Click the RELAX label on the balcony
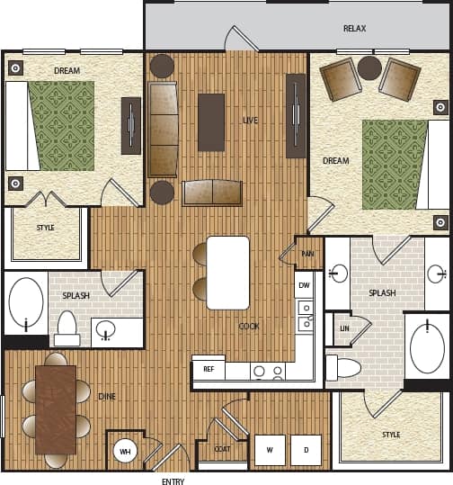pyautogui.click(x=354, y=29)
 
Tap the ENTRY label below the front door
pyautogui.click(x=173, y=481)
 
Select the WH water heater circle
pyautogui.click(x=125, y=451)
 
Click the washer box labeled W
pyautogui.click(x=270, y=450)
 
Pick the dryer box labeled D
pyautogui.click(x=306, y=450)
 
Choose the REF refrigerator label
pyautogui.click(x=209, y=369)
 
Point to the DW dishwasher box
pyautogui.click(x=304, y=285)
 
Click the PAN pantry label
pyautogui.click(x=307, y=255)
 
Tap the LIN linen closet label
pyautogui.click(x=344, y=328)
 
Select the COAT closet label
pyautogui.click(x=222, y=449)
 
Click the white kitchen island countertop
pyautogui.click(x=228, y=273)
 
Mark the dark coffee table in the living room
pyautogui.click(x=211, y=121)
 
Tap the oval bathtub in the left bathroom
pyautogui.click(x=26, y=303)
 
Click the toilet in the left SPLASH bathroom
pyautogui.click(x=67, y=328)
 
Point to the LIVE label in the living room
pyautogui.click(x=251, y=120)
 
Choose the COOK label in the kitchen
pyautogui.click(x=249, y=327)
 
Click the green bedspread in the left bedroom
pyautogui.click(x=61, y=125)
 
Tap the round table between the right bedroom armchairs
pyautogui.click(x=369, y=68)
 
